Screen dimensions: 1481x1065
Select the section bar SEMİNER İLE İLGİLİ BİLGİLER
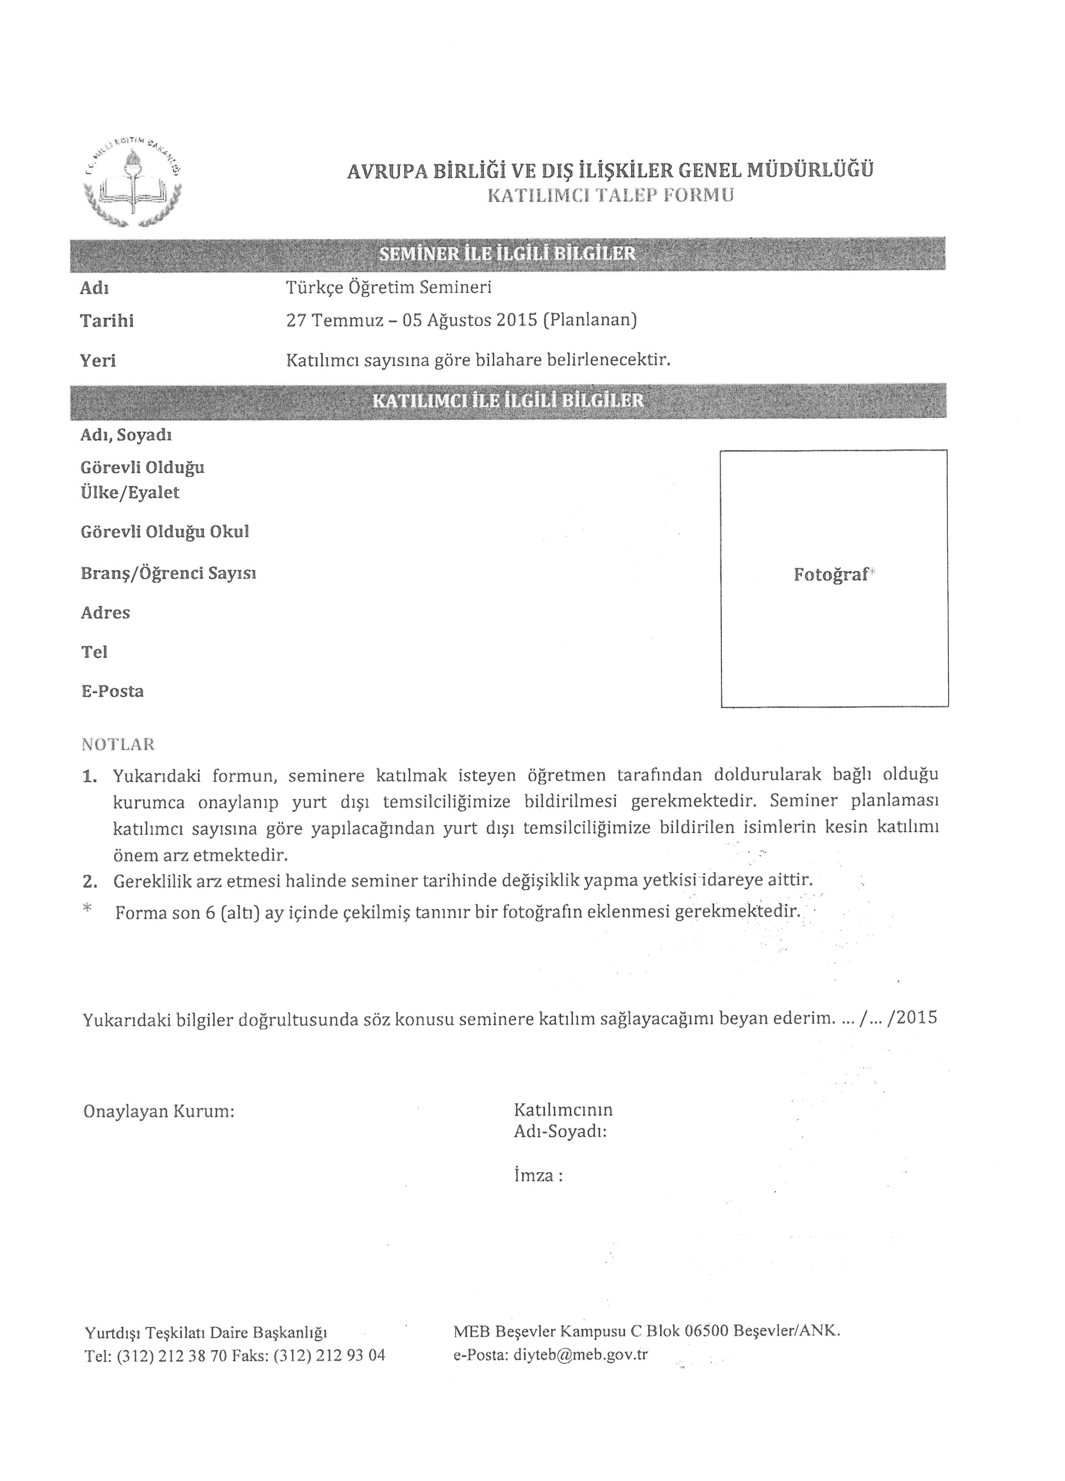(508, 253)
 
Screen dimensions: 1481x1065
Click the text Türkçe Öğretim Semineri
(389, 287)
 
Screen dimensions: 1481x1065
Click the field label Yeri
(98, 360)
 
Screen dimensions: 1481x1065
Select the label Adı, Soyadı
(126, 435)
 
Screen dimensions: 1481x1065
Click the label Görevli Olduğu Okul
(165, 531)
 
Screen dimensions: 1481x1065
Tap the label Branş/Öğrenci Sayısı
(168, 573)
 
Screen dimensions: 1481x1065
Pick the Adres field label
(105, 613)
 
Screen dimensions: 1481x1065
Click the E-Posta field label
(112, 691)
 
